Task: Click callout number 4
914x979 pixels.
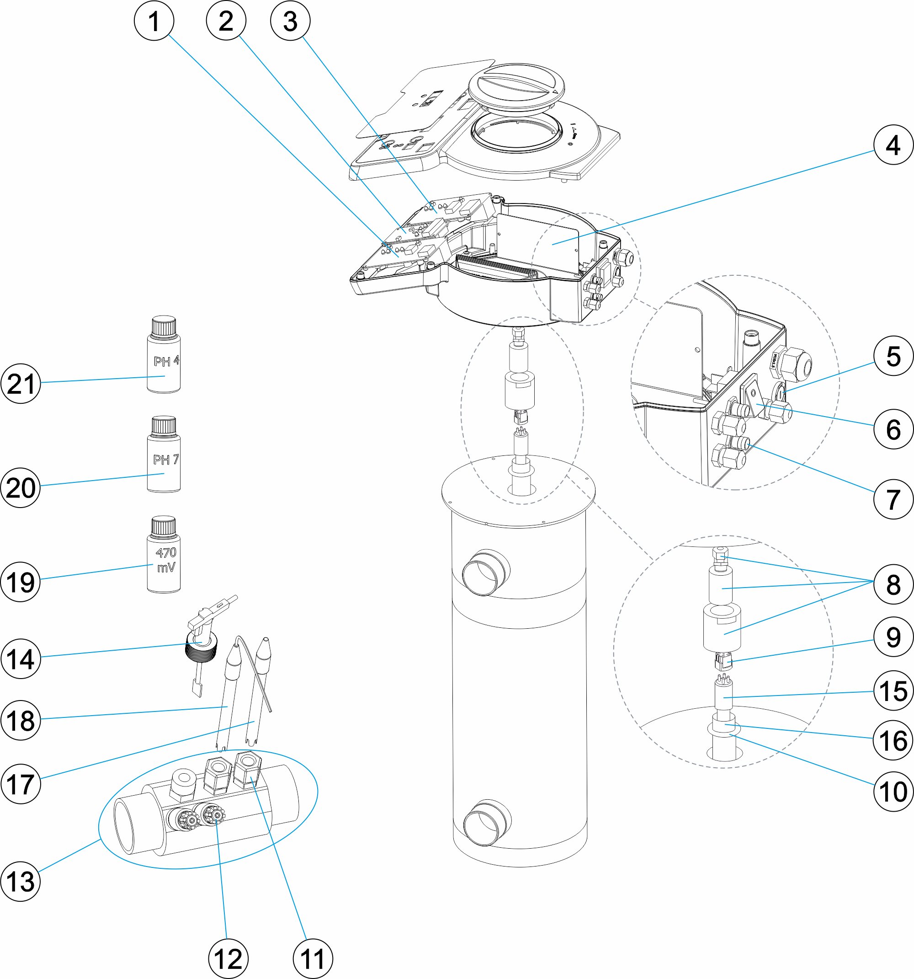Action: click(893, 145)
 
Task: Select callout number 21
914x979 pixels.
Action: click(20, 383)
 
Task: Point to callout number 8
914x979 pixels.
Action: click(893, 584)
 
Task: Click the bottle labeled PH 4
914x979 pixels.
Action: click(164, 362)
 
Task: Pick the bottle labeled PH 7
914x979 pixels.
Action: click(164, 461)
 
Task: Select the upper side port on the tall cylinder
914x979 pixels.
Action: click(485, 572)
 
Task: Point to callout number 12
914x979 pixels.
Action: click(228, 958)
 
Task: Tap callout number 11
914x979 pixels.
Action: click(313, 958)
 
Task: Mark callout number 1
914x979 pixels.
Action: click(154, 21)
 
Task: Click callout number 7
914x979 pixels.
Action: click(893, 499)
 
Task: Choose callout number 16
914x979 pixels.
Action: click(893, 740)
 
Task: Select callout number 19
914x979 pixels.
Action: click(20, 582)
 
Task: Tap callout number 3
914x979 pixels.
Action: click(290, 21)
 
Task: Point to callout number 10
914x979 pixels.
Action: click(893, 792)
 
